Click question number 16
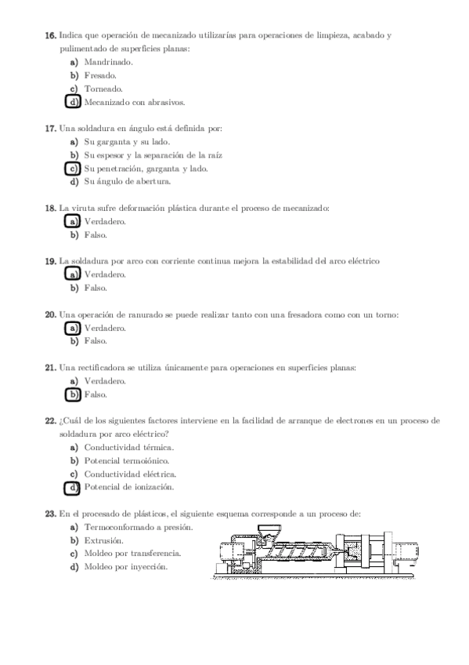(50, 36)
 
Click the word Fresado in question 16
(100, 75)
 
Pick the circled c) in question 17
(74, 169)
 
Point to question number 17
(50, 128)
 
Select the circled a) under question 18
(74, 221)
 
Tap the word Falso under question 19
(95, 288)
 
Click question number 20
(50, 314)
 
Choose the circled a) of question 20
(74, 328)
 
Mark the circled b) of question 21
(74, 394)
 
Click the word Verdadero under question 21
(104, 381)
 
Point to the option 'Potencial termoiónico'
(126, 461)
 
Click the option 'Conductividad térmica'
(128, 448)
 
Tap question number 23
(50, 514)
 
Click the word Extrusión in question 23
(103, 541)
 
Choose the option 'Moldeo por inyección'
(125, 567)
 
